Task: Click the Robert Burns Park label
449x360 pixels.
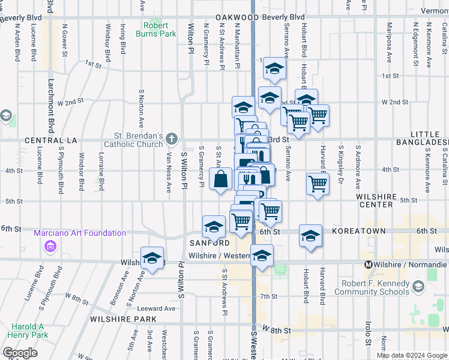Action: point(159,29)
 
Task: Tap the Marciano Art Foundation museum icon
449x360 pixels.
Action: point(50,246)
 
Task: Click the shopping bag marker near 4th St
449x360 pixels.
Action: point(221,178)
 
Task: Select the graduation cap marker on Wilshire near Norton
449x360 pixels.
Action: point(153,258)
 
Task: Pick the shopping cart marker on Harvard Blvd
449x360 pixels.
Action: point(318,183)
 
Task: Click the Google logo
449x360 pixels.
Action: point(20,353)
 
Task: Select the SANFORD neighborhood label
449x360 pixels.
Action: point(209,243)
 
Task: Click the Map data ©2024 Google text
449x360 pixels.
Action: point(410,355)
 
